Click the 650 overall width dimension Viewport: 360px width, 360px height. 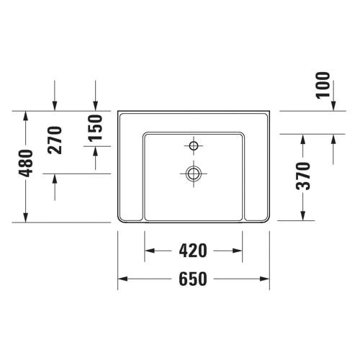pyautogui.click(x=193, y=279)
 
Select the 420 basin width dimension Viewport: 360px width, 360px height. pyautogui.click(x=193, y=251)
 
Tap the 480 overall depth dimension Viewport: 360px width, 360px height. pyautogui.click(x=27, y=163)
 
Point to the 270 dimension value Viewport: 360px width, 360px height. pyautogui.click(x=55, y=140)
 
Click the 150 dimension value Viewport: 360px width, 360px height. pyautogui.click(x=95, y=127)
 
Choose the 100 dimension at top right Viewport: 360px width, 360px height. pyautogui.click(x=323, y=85)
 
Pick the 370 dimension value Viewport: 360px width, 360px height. pyautogui.click(x=303, y=176)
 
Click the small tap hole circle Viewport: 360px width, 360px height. pyautogui.click(x=194, y=145)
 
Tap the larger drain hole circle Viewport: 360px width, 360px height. pyautogui.click(x=194, y=174)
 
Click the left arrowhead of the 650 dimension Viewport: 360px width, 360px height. pyautogui.click(x=122, y=279)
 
